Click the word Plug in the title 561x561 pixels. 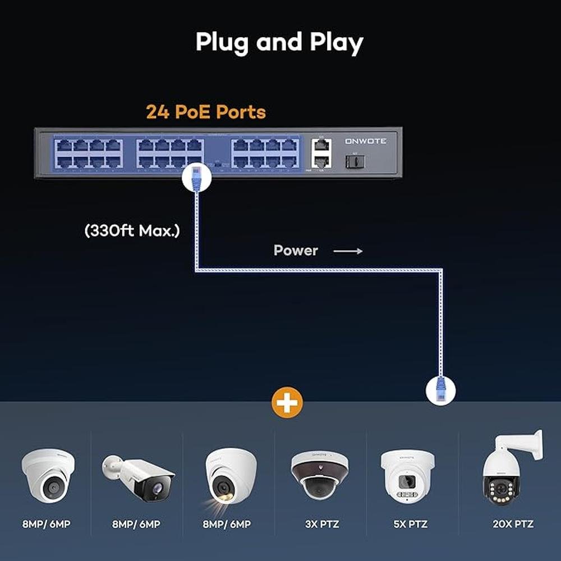(222, 43)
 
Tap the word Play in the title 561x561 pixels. (337, 43)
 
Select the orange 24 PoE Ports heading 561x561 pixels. (206, 112)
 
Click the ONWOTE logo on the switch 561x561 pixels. (365, 141)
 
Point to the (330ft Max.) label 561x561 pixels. (132, 231)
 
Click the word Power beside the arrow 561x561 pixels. (296, 251)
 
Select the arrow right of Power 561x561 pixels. (348, 251)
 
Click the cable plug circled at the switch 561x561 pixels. (196, 178)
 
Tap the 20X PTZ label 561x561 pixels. (513, 525)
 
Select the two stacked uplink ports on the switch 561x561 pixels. (320, 153)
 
